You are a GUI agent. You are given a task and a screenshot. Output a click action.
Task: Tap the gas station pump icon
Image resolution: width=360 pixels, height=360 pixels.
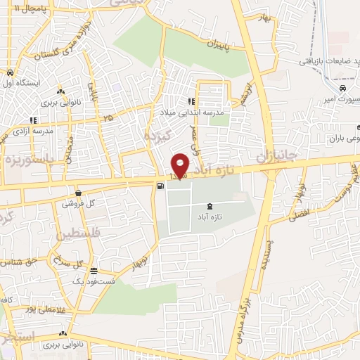161,186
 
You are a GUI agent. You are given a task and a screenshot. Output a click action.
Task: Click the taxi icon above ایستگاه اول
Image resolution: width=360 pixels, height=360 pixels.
10,72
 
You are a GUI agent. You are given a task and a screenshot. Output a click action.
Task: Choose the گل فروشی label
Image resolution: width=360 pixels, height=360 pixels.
77,203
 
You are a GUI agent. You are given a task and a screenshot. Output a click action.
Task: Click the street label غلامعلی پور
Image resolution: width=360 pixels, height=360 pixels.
42,309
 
